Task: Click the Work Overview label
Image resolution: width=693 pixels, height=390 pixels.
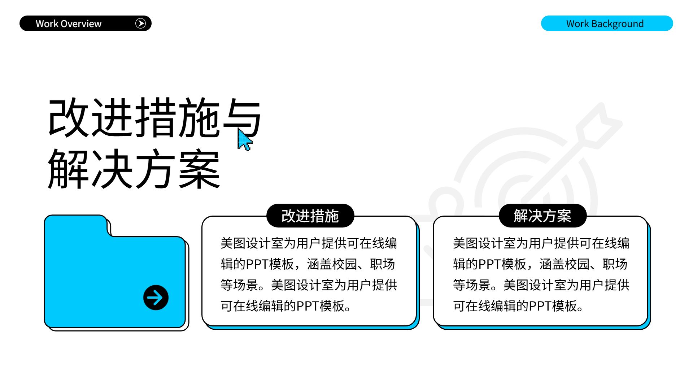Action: pyautogui.click(x=69, y=24)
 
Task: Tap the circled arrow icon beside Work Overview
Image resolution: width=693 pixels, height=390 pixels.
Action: pyautogui.click(x=140, y=23)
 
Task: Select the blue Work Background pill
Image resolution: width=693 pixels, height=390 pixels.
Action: pyautogui.click(x=606, y=23)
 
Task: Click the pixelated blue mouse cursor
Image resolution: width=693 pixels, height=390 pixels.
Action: pyautogui.click(x=244, y=140)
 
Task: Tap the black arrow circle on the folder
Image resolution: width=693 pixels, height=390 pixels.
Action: pyautogui.click(x=156, y=298)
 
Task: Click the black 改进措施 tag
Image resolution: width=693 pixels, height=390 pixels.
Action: pyautogui.click(x=310, y=216)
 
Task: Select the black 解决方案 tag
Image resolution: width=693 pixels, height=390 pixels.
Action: pyautogui.click(x=542, y=216)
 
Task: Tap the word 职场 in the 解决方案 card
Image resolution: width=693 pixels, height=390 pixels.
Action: pyautogui.click(x=615, y=264)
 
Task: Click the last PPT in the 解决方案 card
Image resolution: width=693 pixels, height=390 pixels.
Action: pyautogui.click(x=540, y=306)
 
